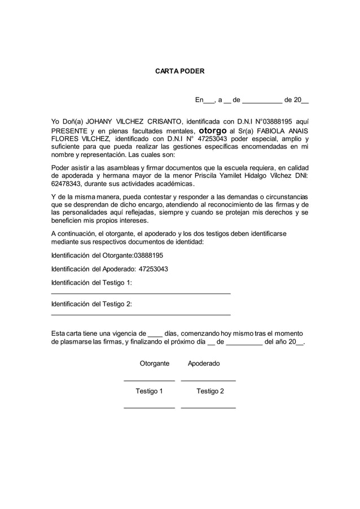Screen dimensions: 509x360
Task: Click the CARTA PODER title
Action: (x=180, y=72)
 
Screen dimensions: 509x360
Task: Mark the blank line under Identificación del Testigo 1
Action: (x=141, y=293)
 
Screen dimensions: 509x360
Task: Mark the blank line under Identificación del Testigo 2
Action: (x=141, y=314)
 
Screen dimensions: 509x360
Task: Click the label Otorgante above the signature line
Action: (x=154, y=364)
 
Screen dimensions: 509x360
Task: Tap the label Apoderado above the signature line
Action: (x=204, y=364)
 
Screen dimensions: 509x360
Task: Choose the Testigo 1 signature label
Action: (x=149, y=391)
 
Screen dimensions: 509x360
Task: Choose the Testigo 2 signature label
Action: (x=210, y=391)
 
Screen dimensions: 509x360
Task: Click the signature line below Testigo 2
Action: (x=208, y=407)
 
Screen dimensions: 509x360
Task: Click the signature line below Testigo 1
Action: (x=149, y=407)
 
